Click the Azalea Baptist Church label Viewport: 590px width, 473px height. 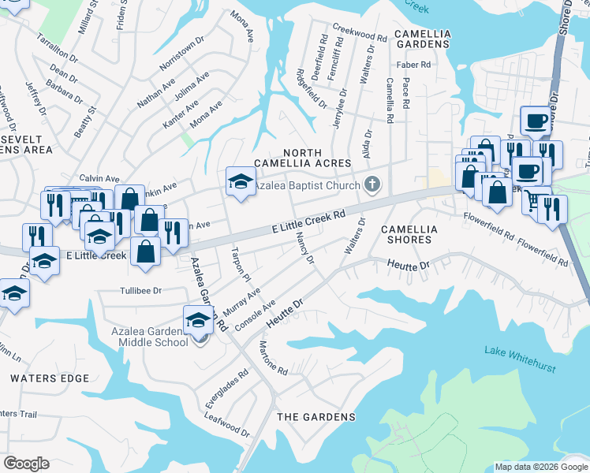coord(307,185)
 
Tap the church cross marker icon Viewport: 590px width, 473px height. coord(372,185)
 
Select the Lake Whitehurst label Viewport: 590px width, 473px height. coord(520,359)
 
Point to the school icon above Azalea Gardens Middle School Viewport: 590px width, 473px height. coord(198,318)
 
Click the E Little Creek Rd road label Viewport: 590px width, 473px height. coord(309,220)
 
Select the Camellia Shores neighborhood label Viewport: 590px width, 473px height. coord(408,233)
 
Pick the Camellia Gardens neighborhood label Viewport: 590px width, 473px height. coord(422,39)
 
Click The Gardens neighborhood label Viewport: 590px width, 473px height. coord(316,416)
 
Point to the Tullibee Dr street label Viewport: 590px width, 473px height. coord(140,291)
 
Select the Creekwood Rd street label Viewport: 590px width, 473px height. coord(359,32)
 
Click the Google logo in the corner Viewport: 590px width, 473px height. coord(26,464)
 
